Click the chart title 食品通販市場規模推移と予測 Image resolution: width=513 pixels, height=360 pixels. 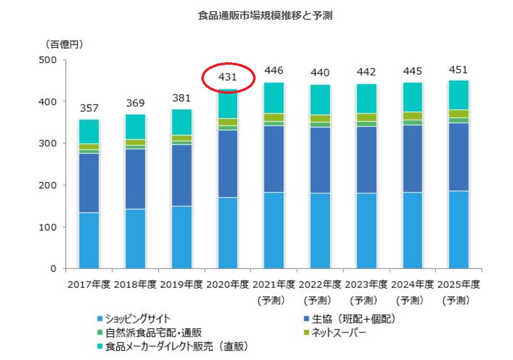point(265,15)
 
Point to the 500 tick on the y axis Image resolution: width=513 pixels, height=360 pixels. point(48,60)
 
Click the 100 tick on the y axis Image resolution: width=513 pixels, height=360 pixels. point(48,227)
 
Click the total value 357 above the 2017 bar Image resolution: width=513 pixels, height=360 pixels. point(89,109)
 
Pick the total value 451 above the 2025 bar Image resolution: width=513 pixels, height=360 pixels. point(458,70)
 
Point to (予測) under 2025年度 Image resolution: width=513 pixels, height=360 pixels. point(456,301)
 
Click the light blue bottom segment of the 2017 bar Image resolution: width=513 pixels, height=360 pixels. point(89,240)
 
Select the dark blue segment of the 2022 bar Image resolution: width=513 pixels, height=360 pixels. point(320,160)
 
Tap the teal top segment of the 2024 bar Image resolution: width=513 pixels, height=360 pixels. point(413,97)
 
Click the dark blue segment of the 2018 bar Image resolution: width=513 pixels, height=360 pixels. point(135,179)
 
